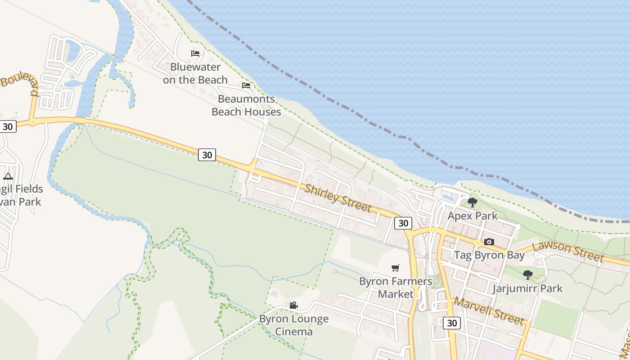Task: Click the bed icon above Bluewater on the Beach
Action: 195,54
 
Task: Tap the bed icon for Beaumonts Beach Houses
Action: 246,85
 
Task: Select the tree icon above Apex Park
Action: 472,202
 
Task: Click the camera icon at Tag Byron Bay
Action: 489,242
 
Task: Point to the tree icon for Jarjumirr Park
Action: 528,274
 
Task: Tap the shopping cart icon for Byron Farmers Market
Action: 396,268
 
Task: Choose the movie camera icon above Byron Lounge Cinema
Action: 294,306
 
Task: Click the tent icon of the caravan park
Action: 8,176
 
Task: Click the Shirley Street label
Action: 337,198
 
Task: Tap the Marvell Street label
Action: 489,311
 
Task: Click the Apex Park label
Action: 472,216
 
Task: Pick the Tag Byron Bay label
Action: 489,255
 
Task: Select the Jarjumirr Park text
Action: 527,288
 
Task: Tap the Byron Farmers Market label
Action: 396,288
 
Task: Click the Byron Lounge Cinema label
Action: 294,325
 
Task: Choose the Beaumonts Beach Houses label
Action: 246,105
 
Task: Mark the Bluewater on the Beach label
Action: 195,73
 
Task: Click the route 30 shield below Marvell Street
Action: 452,323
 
